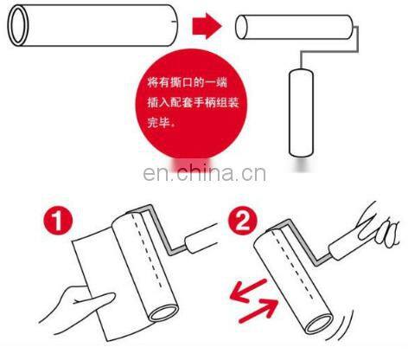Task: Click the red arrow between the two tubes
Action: coord(207,26)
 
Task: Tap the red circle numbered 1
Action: coord(58,222)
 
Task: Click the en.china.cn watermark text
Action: coord(204,173)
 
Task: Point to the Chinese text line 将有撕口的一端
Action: coord(188,83)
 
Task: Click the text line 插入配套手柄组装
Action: coord(193,102)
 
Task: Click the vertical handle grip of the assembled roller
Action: coord(301,112)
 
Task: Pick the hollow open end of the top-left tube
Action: coord(18,25)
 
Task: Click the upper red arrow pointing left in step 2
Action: coord(248,291)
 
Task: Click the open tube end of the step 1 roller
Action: coord(163,313)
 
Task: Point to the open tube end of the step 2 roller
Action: coord(319,324)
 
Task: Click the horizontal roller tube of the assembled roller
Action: coord(294,27)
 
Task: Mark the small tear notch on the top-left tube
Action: coord(173,22)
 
